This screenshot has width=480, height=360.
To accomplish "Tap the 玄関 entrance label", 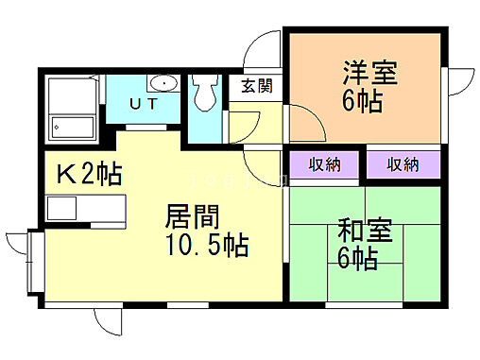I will [x=257, y=86].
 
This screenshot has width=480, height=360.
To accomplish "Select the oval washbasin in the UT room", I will [x=163, y=83].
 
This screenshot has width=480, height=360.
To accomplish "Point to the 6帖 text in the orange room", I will [x=363, y=102].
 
